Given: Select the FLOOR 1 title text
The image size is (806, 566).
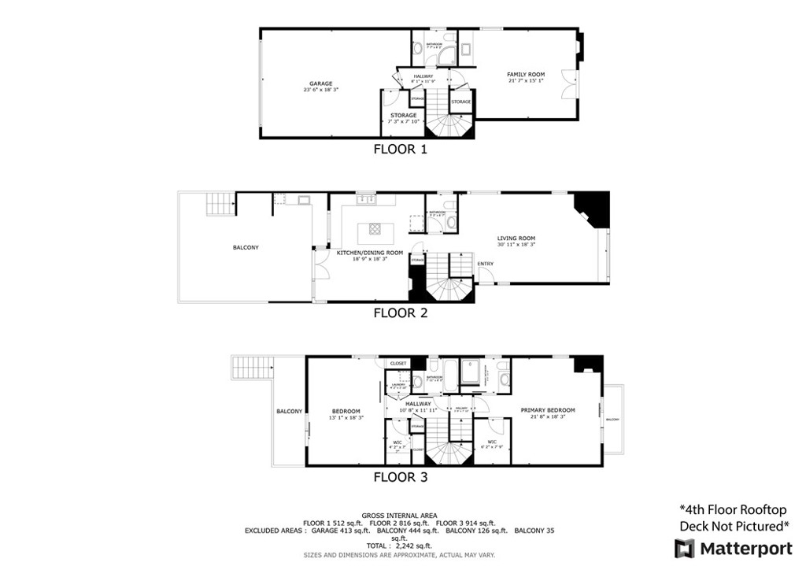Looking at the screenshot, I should [x=400, y=149].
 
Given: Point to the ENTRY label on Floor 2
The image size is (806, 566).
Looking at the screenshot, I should [x=486, y=264].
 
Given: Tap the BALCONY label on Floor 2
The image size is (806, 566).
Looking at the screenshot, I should [x=246, y=247].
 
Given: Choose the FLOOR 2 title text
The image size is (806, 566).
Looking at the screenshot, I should [x=400, y=313].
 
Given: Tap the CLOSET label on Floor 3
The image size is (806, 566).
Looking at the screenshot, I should [x=398, y=363].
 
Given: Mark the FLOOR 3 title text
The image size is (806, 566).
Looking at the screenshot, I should [x=400, y=475].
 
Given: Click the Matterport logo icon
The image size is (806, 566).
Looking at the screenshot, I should [x=683, y=546].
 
